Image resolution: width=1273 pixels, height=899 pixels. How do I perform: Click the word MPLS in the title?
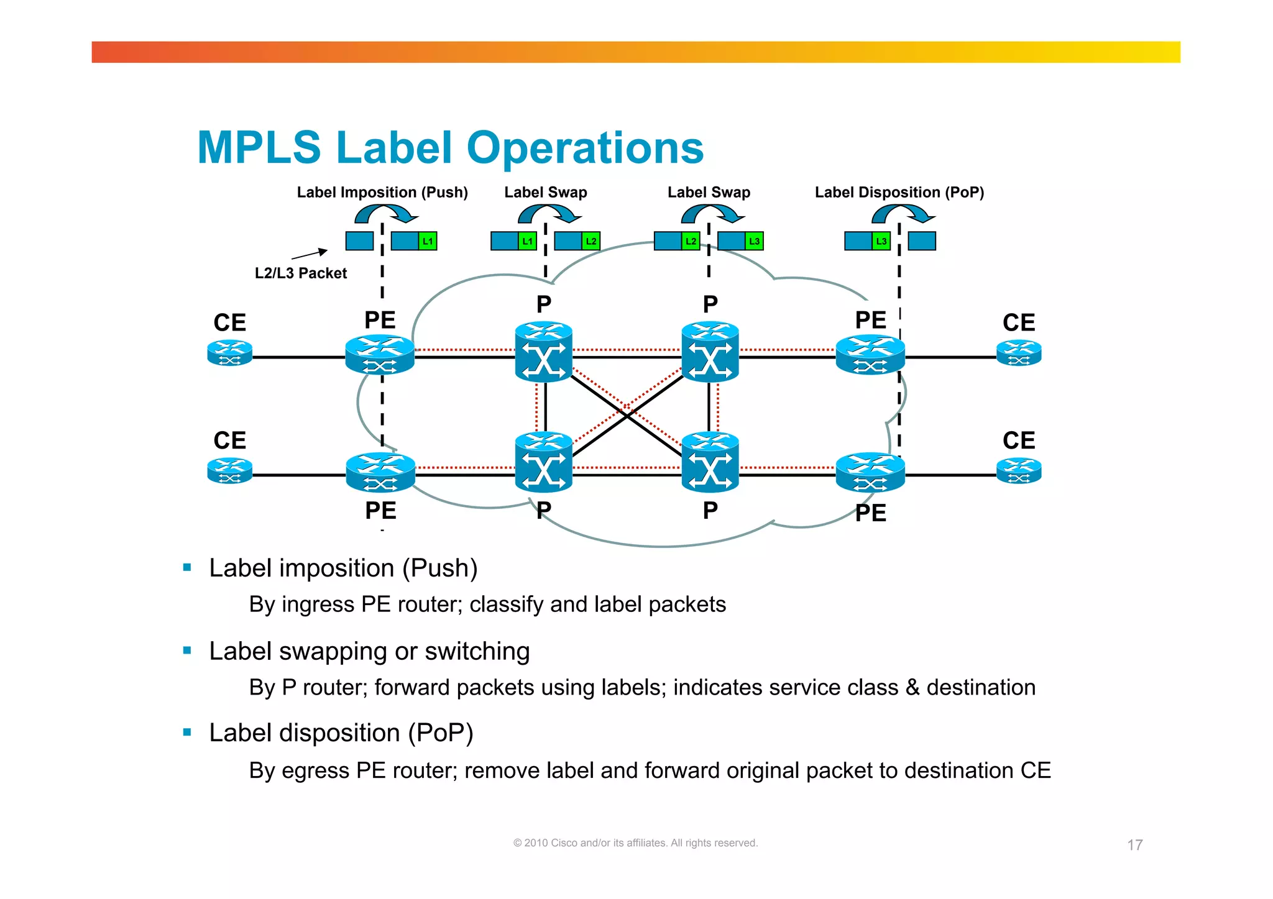259,148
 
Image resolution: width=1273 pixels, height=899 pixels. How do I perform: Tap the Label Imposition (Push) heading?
382,193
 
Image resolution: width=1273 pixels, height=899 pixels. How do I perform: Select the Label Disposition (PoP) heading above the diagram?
899,193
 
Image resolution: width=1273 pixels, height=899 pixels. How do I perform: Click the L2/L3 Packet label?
301,273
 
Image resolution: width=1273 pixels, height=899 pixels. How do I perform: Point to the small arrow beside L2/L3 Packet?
310,253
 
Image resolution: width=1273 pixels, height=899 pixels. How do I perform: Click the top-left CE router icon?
229,353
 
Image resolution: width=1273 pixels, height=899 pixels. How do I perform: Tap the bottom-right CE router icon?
1018,470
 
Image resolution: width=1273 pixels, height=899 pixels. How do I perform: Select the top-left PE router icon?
380,355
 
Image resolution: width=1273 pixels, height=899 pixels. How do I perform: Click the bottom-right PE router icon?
870,472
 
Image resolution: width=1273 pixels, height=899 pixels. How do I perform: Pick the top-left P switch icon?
544,351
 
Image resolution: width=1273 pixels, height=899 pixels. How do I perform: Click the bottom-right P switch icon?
710,462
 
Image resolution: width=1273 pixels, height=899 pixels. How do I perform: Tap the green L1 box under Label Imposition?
428,241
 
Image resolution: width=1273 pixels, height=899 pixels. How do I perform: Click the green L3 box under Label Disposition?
881,241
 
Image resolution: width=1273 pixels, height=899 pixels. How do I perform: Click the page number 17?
1134,845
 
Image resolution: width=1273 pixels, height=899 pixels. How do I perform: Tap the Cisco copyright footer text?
635,843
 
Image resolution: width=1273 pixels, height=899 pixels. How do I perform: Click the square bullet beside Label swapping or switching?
187,650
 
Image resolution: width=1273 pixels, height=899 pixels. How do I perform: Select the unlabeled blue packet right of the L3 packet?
922,241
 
